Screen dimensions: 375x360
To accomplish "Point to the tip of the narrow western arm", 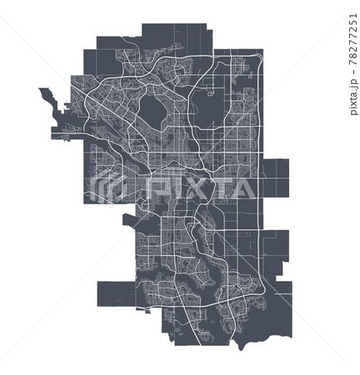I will coord(41,91).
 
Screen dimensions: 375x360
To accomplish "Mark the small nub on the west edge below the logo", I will coord(127,222).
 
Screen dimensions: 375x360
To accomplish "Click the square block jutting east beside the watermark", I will coord(276,175).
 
